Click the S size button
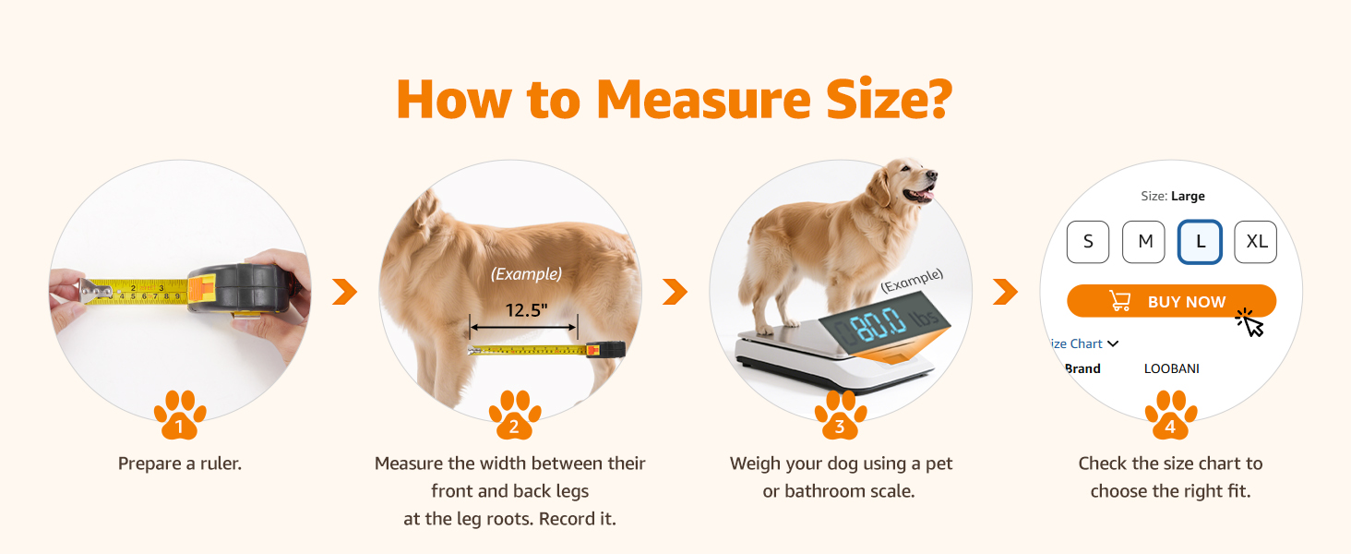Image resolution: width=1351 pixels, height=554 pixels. (x=1088, y=242)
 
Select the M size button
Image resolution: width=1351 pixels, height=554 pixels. (x=1143, y=242)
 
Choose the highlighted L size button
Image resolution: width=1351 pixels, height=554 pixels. (x=1200, y=242)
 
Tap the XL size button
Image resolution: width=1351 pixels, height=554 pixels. (x=1255, y=242)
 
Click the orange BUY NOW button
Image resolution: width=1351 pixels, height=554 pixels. (x=1171, y=301)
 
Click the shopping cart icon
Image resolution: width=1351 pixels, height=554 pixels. (x=1119, y=301)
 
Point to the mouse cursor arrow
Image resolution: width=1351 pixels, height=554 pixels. (x=1251, y=323)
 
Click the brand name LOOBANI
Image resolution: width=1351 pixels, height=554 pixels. (x=1171, y=368)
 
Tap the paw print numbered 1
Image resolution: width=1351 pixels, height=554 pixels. (x=180, y=415)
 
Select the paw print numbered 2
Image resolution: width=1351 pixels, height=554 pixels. (x=514, y=415)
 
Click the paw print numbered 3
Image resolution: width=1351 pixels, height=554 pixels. (x=840, y=415)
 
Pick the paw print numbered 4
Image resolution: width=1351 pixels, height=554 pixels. (x=1170, y=415)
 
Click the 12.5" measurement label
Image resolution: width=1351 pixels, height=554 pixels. (x=526, y=310)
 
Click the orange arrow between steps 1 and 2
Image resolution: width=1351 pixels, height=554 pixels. (x=344, y=293)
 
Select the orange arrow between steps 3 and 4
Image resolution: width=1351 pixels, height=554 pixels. (x=1005, y=293)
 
